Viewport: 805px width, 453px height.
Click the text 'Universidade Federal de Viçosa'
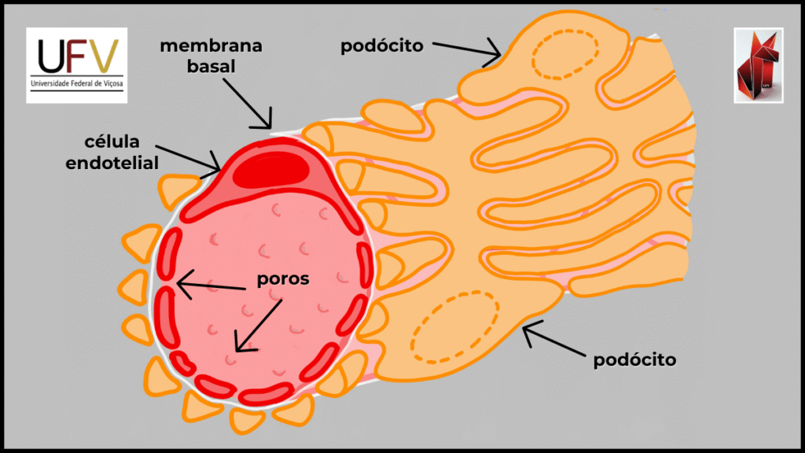(x=77, y=83)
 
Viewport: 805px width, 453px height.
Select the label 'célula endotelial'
(x=123, y=153)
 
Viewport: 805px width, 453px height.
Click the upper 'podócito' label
(x=382, y=46)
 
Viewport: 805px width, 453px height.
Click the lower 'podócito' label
(x=635, y=359)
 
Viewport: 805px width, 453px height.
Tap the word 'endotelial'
(x=123, y=164)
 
